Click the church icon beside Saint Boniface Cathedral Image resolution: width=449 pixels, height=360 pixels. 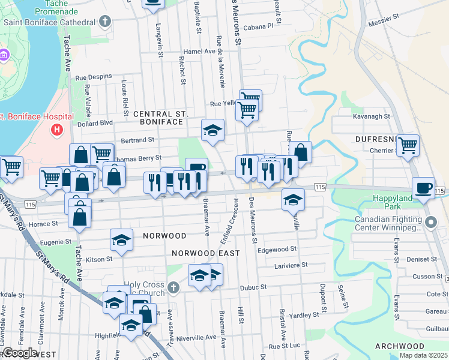tap(105, 22)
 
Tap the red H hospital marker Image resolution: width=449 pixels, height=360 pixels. tap(57, 129)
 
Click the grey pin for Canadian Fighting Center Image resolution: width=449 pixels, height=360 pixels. tap(430, 223)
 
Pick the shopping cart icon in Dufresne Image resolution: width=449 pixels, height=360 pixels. tap(408, 145)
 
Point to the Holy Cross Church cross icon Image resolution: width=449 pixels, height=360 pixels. tap(173, 289)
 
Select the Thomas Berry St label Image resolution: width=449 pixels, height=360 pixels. tap(137, 158)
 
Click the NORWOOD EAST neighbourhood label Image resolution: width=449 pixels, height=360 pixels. tap(206, 253)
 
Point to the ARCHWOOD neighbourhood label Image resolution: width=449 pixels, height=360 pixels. tap(399, 346)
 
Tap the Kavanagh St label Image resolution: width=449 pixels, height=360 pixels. tap(372, 116)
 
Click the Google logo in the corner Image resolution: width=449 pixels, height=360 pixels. tap(19, 353)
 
